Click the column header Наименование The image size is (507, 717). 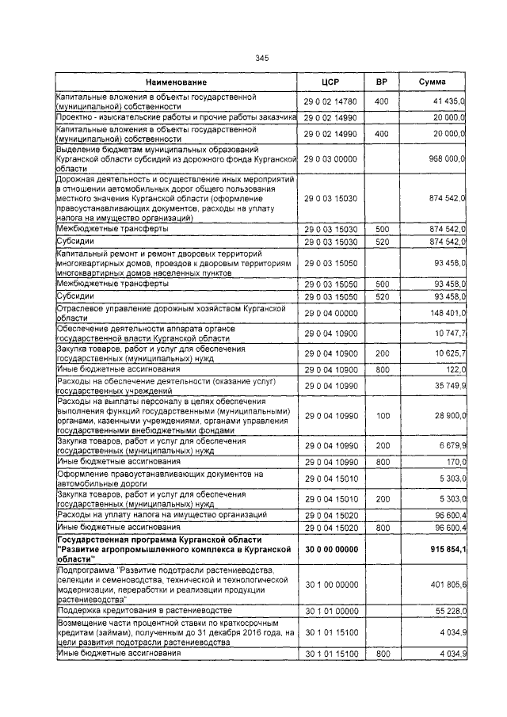176,82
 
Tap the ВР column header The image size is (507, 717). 381,82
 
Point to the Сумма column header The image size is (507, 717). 432,82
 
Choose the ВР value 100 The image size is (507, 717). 382,415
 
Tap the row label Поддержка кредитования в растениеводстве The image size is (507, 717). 143,611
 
